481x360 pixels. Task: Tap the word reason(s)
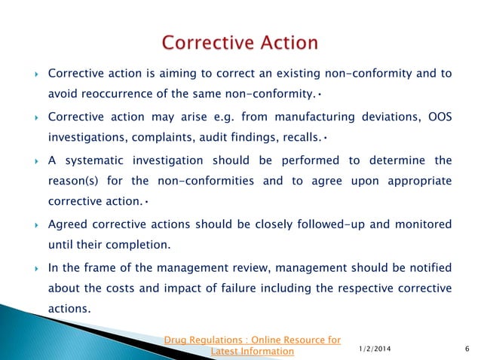coord(78,181)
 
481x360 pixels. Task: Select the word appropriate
coord(417,181)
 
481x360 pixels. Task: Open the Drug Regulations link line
coord(253,340)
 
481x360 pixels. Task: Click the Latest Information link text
coord(253,352)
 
